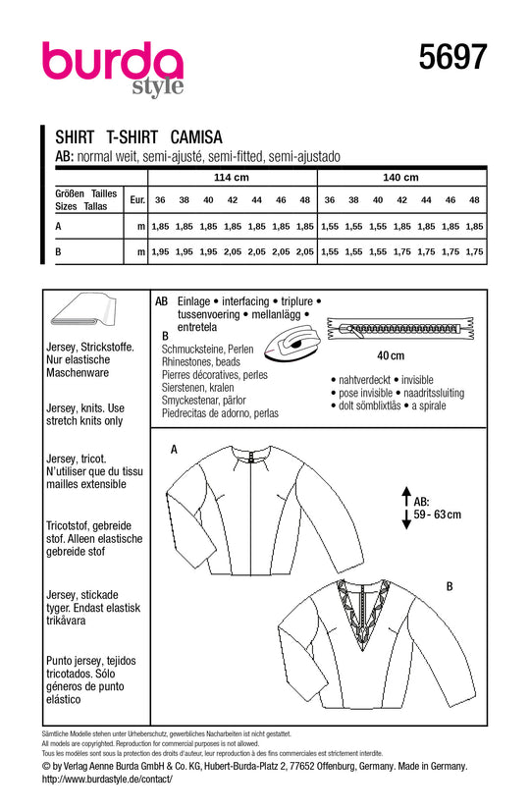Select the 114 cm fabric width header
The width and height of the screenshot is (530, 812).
(232, 178)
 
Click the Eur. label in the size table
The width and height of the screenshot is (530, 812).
(137, 199)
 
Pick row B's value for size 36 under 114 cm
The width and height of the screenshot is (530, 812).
(160, 252)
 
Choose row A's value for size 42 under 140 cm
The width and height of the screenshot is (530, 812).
(401, 227)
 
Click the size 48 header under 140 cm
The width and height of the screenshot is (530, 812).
(475, 199)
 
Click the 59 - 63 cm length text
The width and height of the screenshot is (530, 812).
(435, 514)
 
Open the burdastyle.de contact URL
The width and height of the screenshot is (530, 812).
(107, 779)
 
